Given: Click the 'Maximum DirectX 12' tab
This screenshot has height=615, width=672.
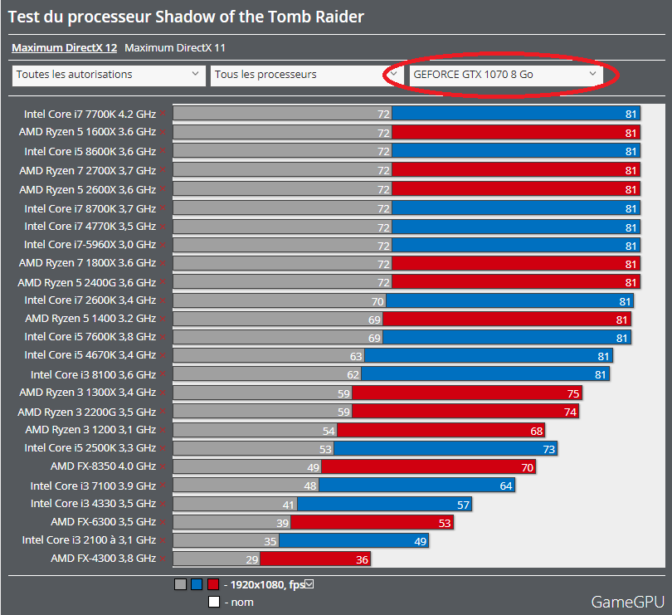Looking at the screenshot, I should coord(64,48).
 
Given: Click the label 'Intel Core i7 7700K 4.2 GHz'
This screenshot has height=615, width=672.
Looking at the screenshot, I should coord(90,114).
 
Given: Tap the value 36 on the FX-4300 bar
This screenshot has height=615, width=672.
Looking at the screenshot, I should coord(361,559).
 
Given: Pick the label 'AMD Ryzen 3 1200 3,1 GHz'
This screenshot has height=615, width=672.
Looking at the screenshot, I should coord(90,430).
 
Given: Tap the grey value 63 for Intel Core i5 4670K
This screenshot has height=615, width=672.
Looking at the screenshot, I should coord(356,355).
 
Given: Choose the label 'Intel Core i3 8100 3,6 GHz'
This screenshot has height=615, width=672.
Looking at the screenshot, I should coord(93,374).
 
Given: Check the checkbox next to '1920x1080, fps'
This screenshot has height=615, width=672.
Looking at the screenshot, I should coord(309,584).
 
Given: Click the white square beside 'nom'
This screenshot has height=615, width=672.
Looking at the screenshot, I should coord(213,603).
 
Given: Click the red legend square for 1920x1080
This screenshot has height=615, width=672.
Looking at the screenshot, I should coord(213,584).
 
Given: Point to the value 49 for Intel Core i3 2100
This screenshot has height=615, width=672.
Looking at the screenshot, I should coord(421,541).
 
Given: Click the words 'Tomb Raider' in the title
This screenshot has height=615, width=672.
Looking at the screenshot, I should coord(318,17).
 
